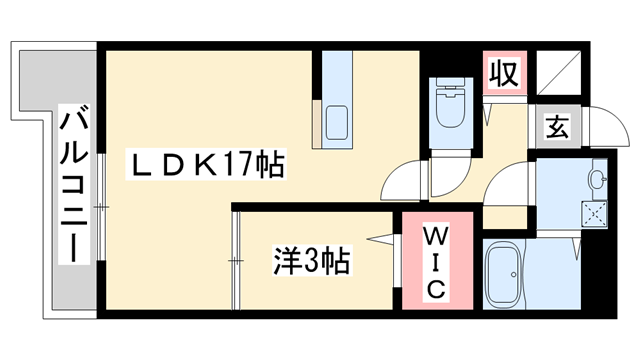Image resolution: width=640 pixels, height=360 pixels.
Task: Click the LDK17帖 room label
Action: [x=204, y=164]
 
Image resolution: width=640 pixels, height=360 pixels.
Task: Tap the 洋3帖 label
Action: [x=311, y=262]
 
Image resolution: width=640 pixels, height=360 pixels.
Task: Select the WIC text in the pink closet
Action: [x=437, y=262]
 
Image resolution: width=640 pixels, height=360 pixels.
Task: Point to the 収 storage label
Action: [x=504, y=72]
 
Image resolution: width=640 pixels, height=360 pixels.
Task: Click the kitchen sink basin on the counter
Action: [x=337, y=123]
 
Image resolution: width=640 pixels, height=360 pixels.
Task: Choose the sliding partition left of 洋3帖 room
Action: [x=236, y=262]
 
